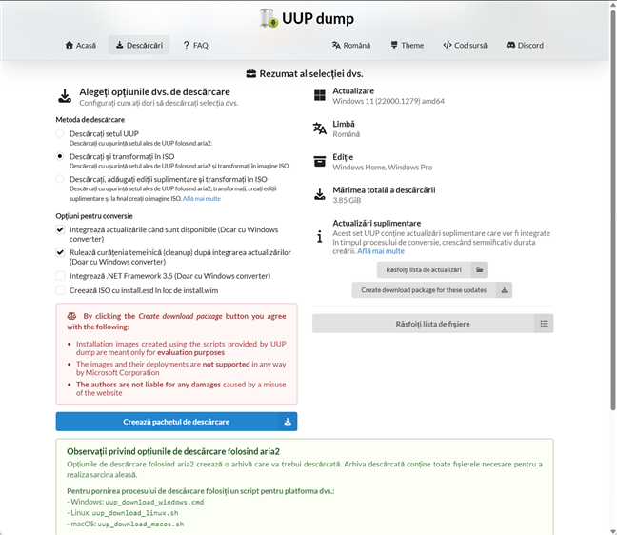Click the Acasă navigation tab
click(x=80, y=45)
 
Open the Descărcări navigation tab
click(x=138, y=45)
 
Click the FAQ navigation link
click(x=194, y=45)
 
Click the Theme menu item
click(x=407, y=45)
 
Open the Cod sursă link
click(x=466, y=45)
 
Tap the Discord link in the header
click(x=525, y=45)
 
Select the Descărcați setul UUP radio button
click(x=61, y=134)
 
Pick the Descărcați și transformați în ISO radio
click(x=61, y=156)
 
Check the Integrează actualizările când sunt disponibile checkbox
click(x=61, y=229)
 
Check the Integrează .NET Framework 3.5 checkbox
click(x=61, y=275)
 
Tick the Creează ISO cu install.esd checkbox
click(x=61, y=290)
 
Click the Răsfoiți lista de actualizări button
click(x=424, y=269)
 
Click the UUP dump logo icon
click(x=269, y=18)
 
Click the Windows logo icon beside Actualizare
click(x=320, y=96)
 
